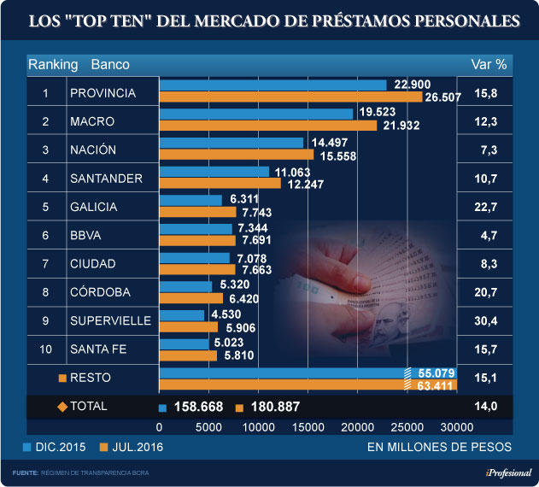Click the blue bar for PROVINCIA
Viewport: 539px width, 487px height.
273,85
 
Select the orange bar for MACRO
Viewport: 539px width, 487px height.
268,126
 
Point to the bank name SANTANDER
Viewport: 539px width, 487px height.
106,179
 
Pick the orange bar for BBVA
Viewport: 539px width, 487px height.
197,240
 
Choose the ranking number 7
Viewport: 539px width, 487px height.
45,263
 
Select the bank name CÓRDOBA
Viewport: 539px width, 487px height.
102,291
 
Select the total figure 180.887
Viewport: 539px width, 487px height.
275,407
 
